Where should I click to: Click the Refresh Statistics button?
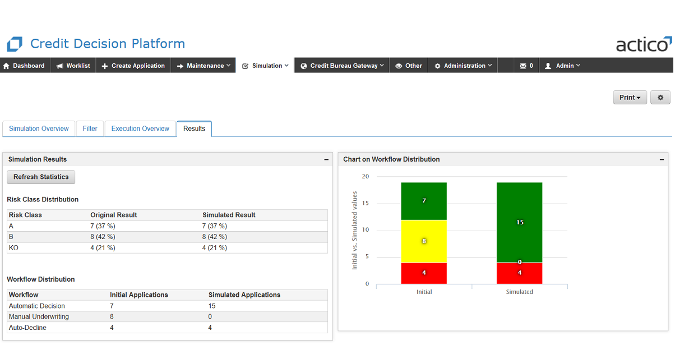click(x=41, y=177)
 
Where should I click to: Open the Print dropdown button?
click(x=630, y=98)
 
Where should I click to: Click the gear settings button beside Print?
click(x=660, y=98)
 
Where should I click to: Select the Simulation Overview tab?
click(x=39, y=128)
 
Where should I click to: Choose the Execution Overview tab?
click(x=140, y=128)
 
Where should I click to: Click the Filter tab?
click(x=90, y=128)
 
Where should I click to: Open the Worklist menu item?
click(x=73, y=66)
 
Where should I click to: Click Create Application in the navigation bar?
click(x=133, y=66)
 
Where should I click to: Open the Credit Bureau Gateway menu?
click(x=342, y=66)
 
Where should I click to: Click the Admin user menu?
click(x=563, y=66)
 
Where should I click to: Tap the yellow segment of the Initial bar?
click(x=424, y=241)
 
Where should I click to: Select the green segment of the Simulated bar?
click(x=519, y=222)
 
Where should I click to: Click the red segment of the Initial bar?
click(x=424, y=273)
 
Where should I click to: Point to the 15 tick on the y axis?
click(x=366, y=203)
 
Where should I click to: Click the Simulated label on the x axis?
click(x=519, y=292)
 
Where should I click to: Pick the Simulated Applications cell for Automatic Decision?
click(x=212, y=306)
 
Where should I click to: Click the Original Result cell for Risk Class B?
click(x=103, y=237)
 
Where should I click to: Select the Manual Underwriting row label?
click(x=39, y=316)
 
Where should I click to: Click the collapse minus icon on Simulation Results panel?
click(x=326, y=160)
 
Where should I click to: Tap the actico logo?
click(x=644, y=44)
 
